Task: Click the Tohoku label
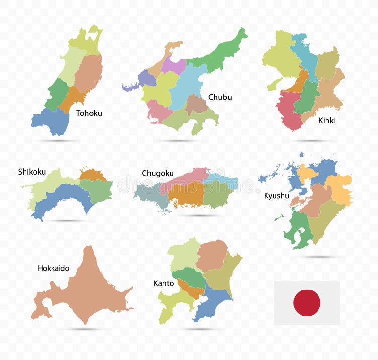point(89,113)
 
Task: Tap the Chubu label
point(220,97)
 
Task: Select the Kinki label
point(326,120)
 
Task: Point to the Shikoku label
point(32,172)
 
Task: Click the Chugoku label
point(157,173)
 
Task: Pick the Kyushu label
point(276,195)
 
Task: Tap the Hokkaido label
point(53,268)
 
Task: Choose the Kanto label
point(163,283)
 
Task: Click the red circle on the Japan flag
point(307,303)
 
